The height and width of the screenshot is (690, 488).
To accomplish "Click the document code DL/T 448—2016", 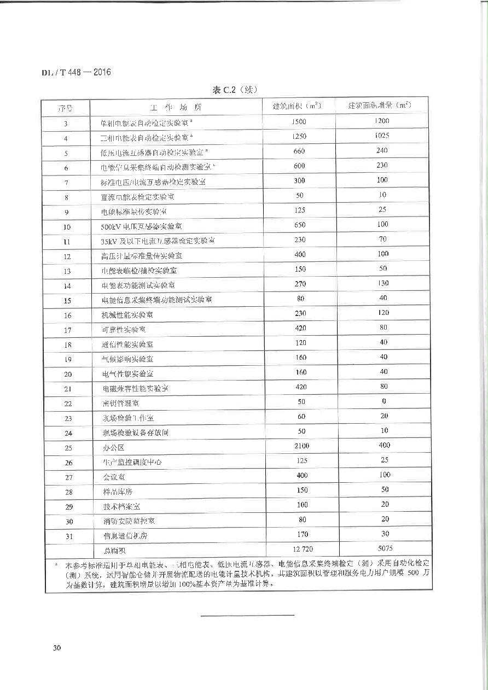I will point(76,72).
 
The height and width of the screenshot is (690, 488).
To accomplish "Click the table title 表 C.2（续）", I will point(235,90).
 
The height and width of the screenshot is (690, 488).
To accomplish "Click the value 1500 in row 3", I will point(299,121).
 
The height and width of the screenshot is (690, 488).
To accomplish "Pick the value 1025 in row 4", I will point(382,136).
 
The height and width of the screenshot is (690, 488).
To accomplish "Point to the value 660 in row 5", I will point(299,151).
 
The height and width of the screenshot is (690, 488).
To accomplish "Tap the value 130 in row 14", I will point(383,283).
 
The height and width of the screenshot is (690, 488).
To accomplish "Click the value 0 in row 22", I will point(384,401).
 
